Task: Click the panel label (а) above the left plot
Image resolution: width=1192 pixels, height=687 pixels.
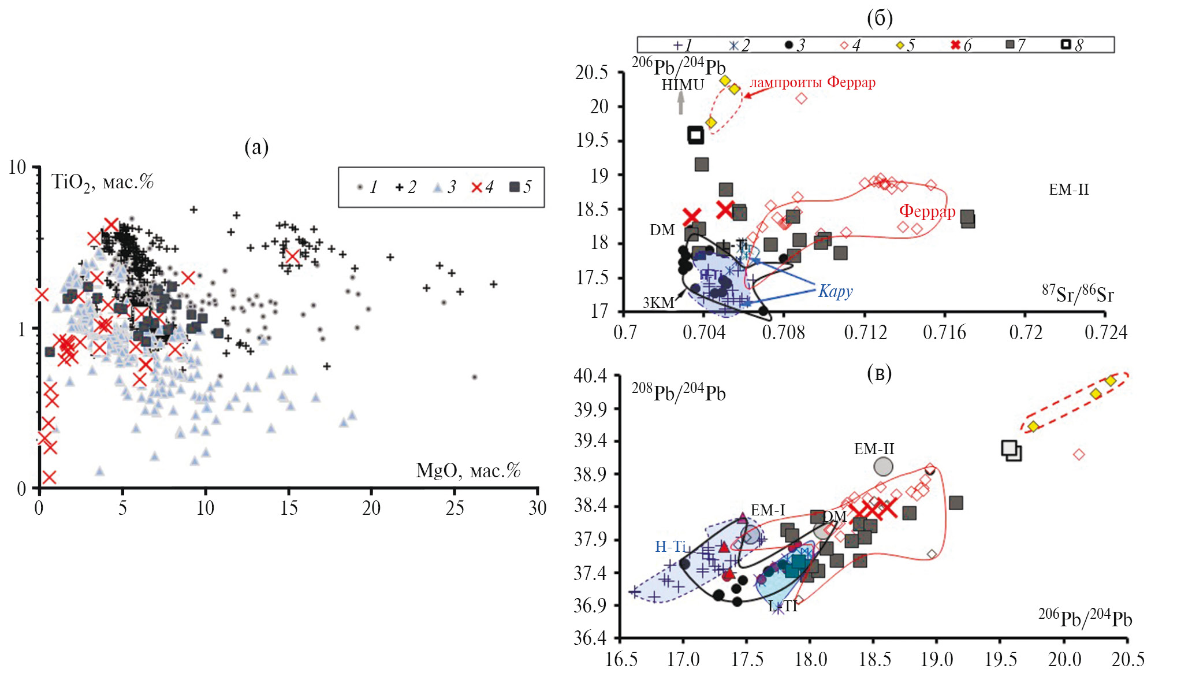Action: coord(256,147)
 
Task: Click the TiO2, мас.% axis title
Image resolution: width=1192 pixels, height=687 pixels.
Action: coord(102,182)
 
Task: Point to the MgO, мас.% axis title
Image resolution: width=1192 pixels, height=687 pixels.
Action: coord(468,471)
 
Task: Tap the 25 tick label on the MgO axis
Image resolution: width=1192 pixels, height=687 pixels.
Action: coord(455,508)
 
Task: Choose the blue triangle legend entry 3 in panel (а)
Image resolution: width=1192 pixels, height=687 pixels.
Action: coord(445,187)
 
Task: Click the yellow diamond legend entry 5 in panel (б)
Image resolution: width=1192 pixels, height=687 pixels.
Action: coord(904,45)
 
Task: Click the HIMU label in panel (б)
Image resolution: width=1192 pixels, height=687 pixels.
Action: coord(683,85)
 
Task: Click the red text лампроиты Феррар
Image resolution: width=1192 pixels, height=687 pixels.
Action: coord(812,82)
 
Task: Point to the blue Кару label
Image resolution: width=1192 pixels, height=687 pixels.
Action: coord(835,291)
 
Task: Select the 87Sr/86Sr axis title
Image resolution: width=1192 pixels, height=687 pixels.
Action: coord(1078,294)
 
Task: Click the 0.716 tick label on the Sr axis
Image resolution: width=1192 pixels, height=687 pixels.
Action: coord(944,332)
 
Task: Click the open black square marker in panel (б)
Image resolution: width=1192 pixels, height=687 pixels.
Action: coord(696,135)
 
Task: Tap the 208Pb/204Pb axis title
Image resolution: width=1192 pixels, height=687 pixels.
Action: coord(678,392)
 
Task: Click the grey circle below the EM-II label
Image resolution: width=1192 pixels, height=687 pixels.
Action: coord(883,466)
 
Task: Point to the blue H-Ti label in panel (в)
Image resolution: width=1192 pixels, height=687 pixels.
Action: coord(670,546)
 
